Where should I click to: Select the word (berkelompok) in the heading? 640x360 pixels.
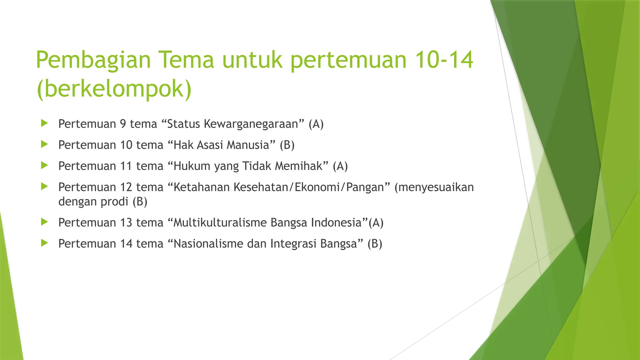[114, 89]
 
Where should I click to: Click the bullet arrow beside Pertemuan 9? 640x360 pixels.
[44, 123]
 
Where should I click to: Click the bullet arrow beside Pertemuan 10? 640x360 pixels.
[44, 144]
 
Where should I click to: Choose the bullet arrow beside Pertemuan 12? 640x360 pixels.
[44, 187]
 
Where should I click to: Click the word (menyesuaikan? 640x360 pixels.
[434, 187]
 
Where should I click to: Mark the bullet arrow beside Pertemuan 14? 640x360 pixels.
[44, 243]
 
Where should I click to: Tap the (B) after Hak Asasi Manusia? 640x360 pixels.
[287, 145]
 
